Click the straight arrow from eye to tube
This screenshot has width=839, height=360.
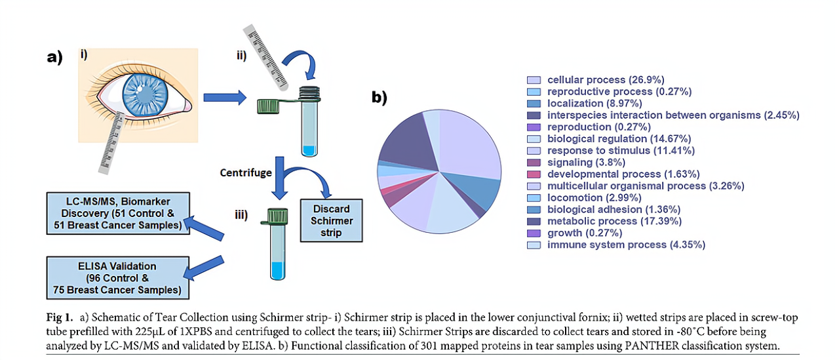pos(221,98)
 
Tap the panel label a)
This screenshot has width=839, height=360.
pos(54,57)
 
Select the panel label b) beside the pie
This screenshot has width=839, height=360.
pos(379,97)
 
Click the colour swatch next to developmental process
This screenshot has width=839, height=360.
pos(534,174)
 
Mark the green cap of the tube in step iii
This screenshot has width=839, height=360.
pos(279,213)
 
